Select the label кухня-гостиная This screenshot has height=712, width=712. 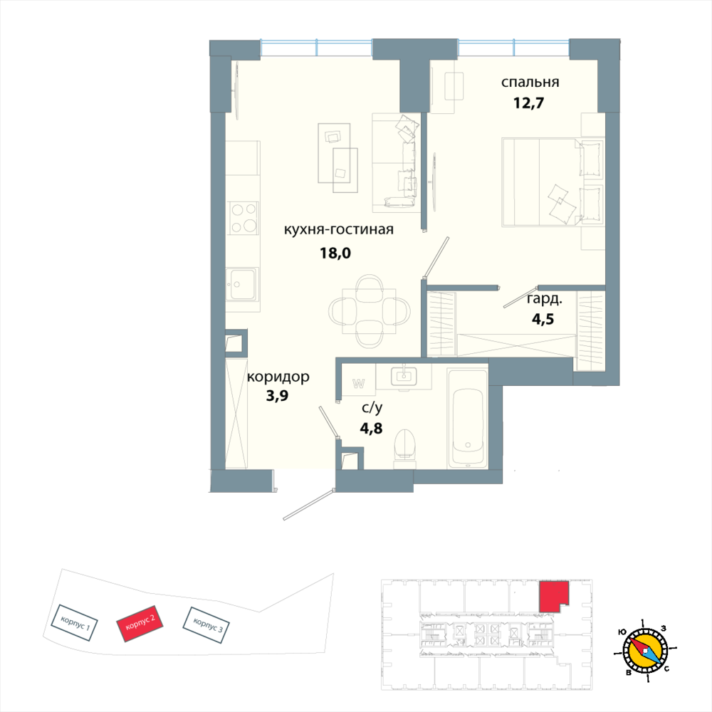339,229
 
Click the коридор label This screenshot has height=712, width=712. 278,377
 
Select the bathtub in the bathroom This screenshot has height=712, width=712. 467,419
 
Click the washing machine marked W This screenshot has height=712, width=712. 358,383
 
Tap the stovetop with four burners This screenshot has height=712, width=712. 243,218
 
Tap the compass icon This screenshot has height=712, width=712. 645,649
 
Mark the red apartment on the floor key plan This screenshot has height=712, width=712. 553,595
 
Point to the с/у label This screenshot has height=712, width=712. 372,408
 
